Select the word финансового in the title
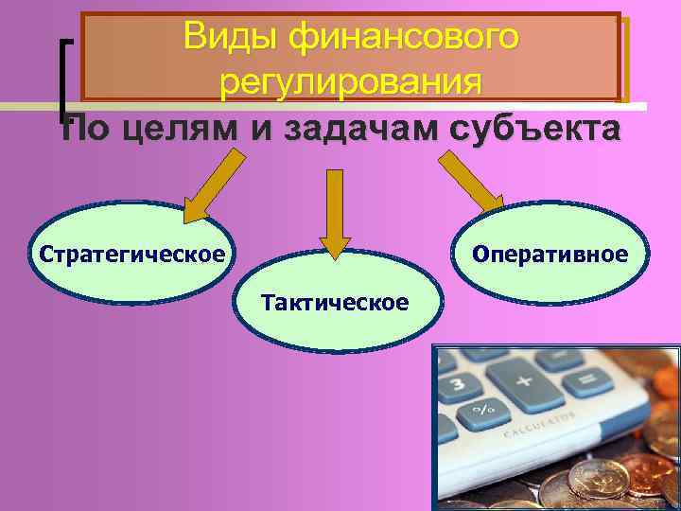click(405, 37)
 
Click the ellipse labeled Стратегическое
click(132, 255)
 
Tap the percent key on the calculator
click(482, 411)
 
